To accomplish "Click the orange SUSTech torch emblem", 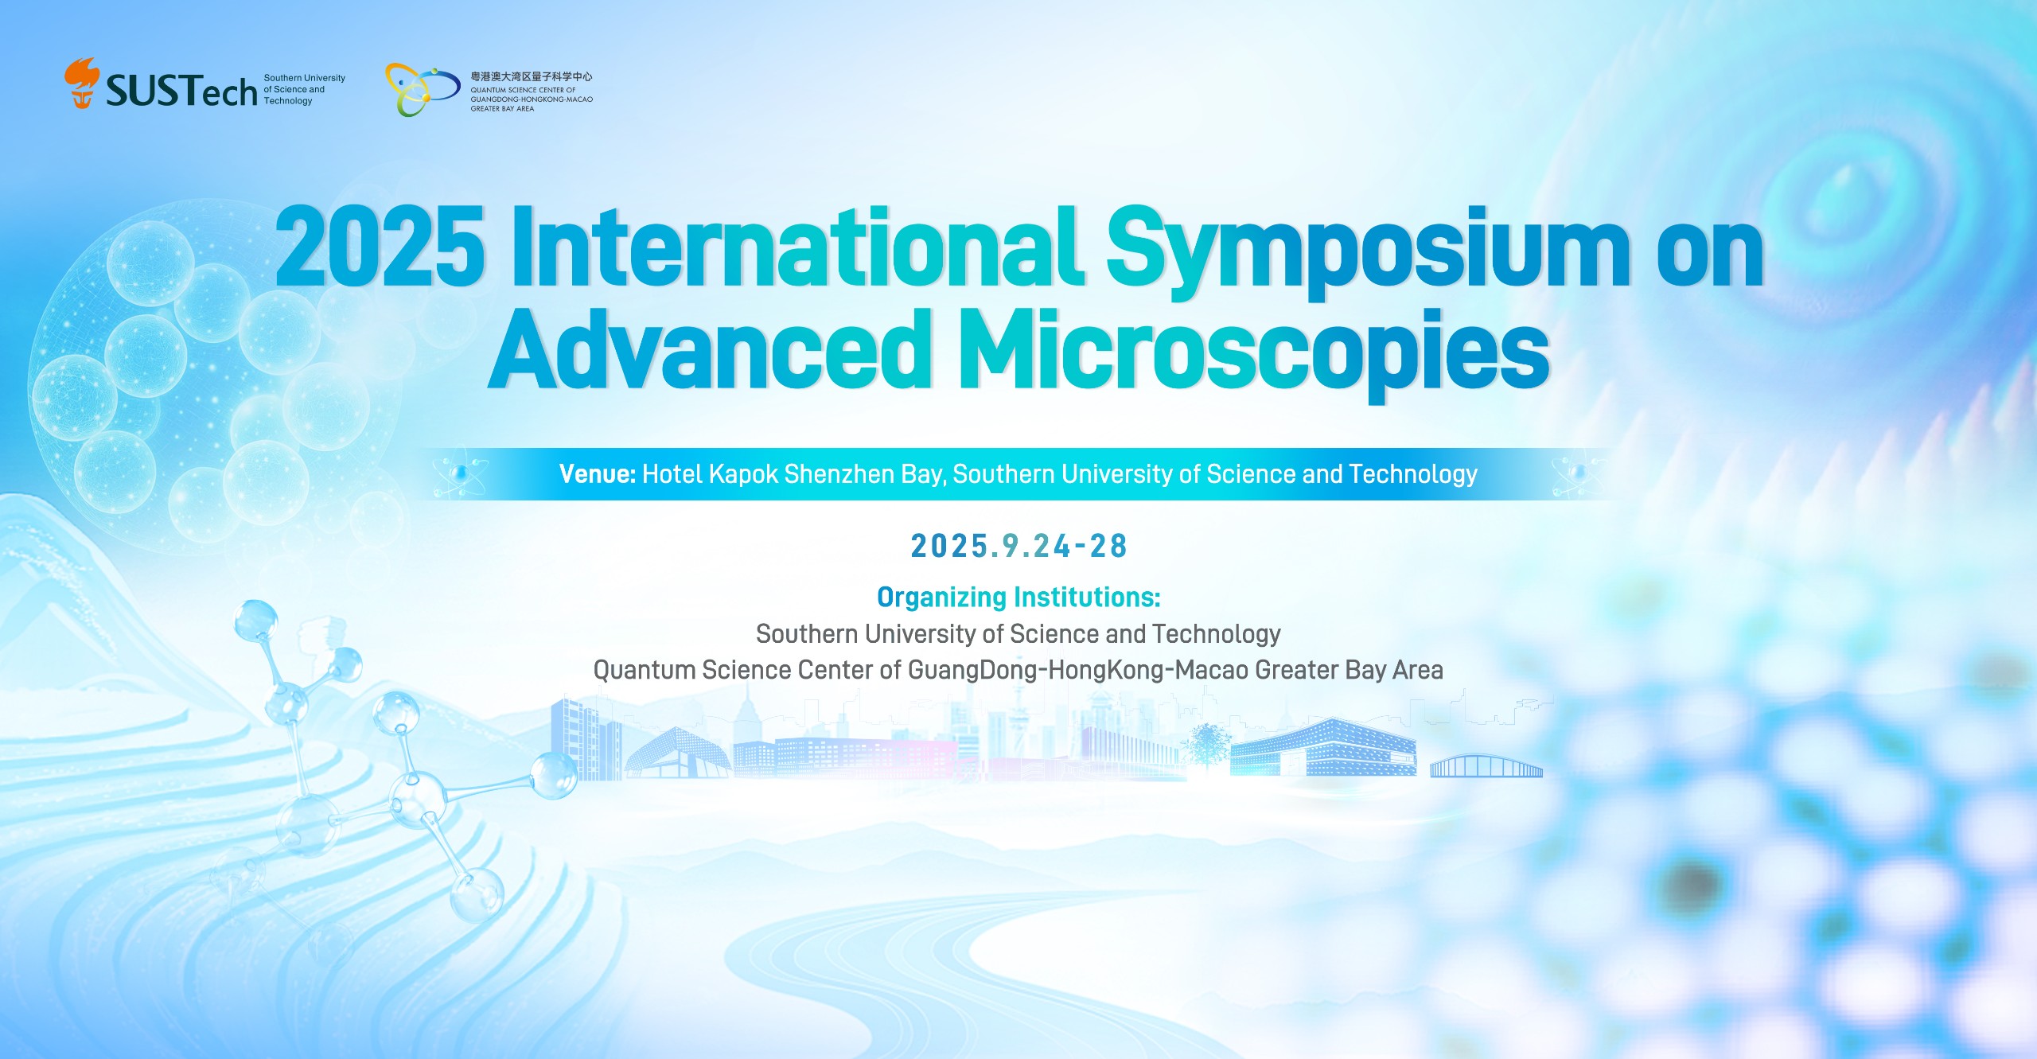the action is pos(82,83).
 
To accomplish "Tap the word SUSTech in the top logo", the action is pos(181,91).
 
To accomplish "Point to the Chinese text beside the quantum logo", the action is pos(532,76).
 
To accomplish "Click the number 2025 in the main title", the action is pos(380,247).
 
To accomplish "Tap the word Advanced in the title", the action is pos(709,351).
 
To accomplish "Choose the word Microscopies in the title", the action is pos(1255,355).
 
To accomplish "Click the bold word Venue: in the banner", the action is pos(598,474).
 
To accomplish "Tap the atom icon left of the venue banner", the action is pos(460,474).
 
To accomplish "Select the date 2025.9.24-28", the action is pos(1018,546).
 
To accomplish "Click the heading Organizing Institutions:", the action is pos(1018,597).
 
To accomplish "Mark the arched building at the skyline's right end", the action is pos(1486,766).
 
